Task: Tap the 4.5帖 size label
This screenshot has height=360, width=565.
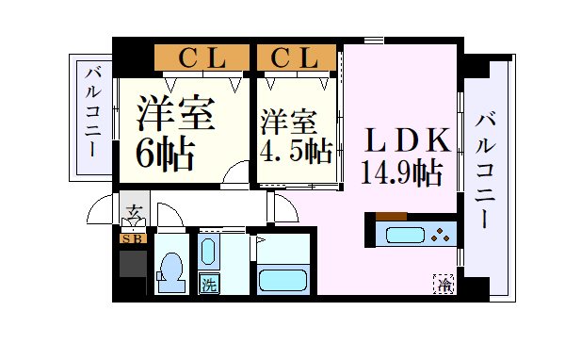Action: pos(296,150)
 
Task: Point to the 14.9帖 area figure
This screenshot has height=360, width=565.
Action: pos(402,172)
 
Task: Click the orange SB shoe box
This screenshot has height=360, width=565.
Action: pos(133,237)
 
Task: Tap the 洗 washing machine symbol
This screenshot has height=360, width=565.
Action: pos(208,282)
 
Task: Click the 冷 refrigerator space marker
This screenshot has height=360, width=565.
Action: pos(444,281)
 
